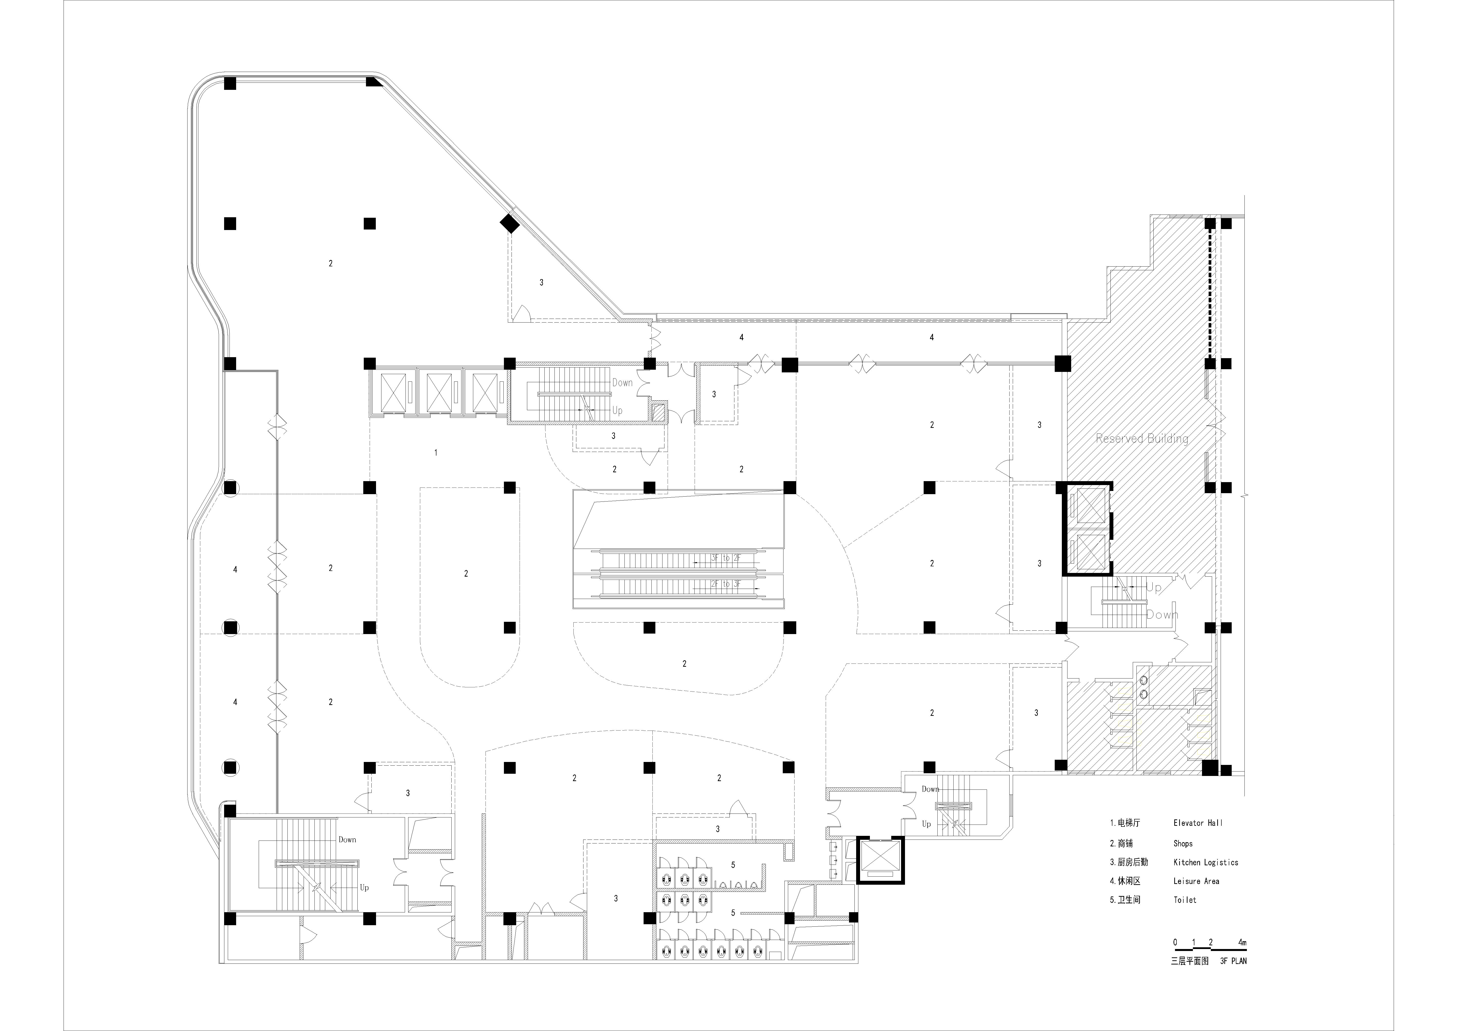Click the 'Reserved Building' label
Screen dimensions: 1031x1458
pyautogui.click(x=1142, y=438)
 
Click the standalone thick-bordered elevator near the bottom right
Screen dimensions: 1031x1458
pyautogui.click(x=880, y=860)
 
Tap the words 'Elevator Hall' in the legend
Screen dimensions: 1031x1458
pyautogui.click(x=1198, y=823)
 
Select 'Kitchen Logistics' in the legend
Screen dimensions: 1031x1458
pyautogui.click(x=1205, y=862)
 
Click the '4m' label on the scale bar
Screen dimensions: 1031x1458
pyautogui.click(x=1242, y=942)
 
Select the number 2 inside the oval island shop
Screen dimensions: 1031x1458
pyautogui.click(x=466, y=574)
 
